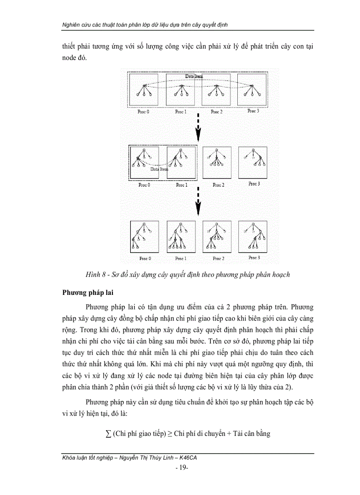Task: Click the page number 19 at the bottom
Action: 182,467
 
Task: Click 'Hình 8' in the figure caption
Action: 96,275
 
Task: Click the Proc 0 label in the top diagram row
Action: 144,112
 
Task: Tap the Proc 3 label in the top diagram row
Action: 253,111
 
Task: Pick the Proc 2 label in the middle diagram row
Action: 217,185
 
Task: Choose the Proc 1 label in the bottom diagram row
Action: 180,259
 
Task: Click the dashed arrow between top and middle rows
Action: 199,128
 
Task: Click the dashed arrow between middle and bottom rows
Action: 199,201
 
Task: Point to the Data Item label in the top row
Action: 194,76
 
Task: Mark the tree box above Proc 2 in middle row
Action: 217,162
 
